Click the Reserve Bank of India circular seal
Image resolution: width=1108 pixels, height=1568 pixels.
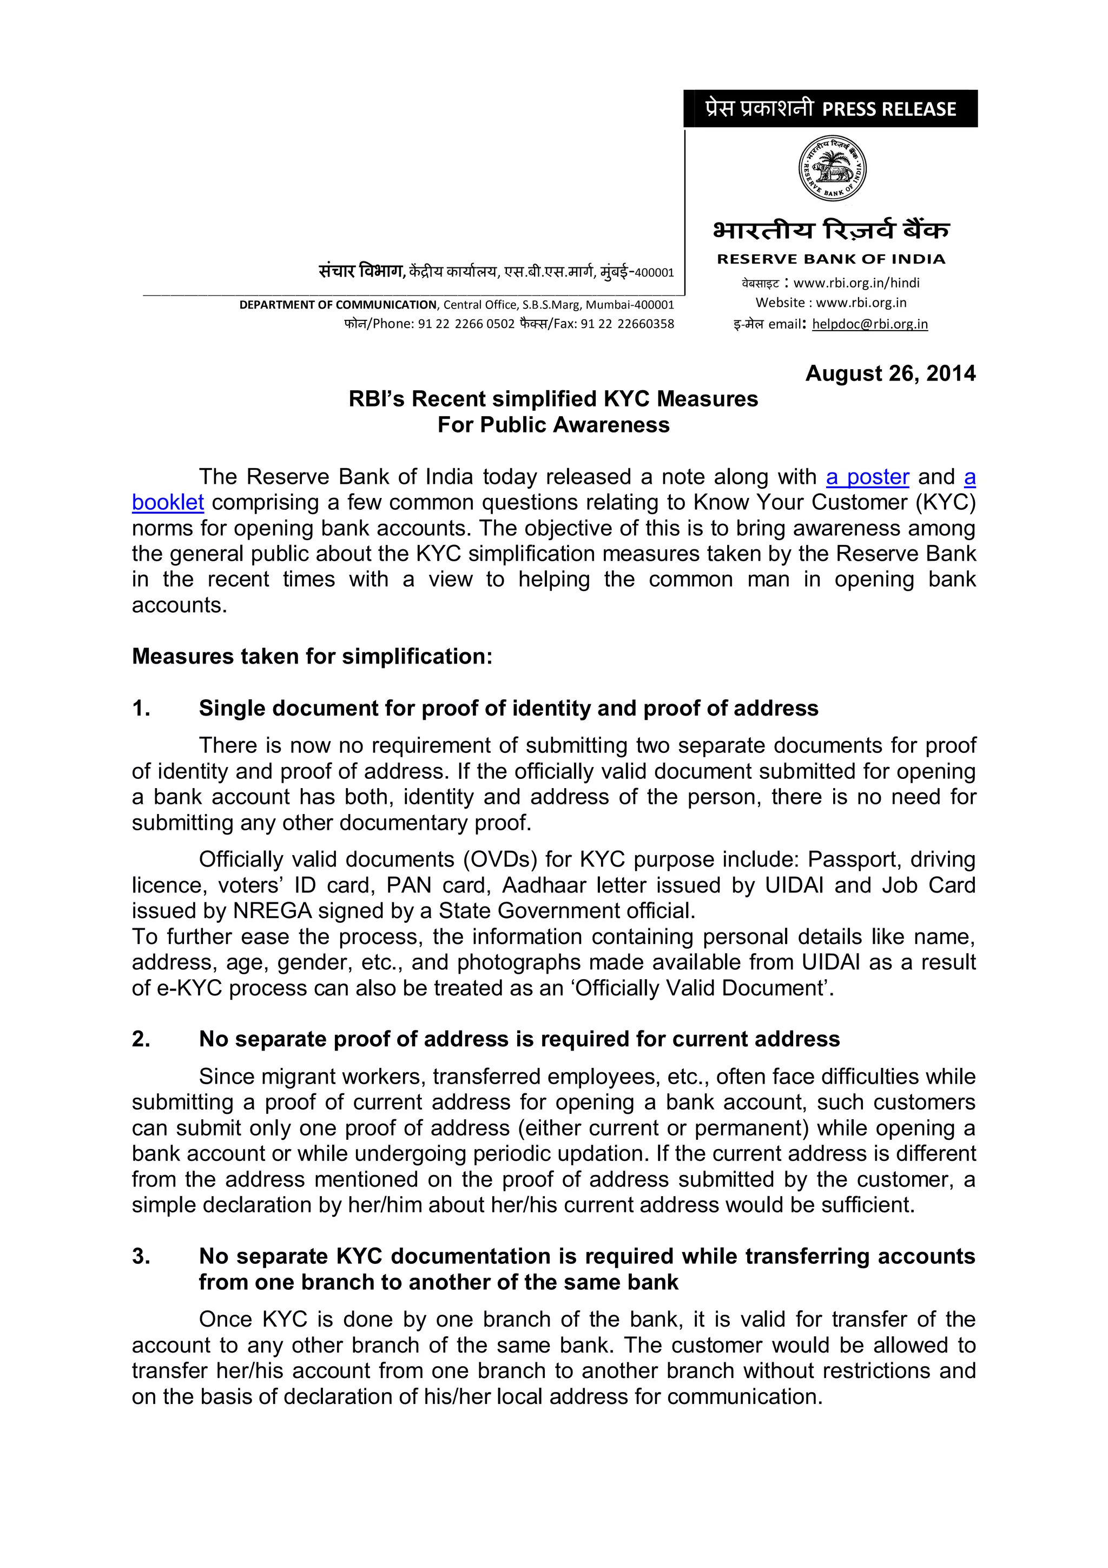[x=832, y=168]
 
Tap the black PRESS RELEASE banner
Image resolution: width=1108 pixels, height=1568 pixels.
[x=830, y=109]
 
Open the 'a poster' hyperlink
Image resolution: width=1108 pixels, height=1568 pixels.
[x=867, y=477]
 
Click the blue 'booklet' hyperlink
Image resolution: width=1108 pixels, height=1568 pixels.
[x=168, y=503]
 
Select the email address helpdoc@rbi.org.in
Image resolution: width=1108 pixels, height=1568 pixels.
[x=870, y=324]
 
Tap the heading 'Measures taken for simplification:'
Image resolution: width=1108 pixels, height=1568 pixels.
[x=312, y=657]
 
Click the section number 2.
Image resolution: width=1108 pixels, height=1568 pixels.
[x=141, y=1039]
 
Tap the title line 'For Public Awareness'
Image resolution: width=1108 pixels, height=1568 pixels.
[x=553, y=425]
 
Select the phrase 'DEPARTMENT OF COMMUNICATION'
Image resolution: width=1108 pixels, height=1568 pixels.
[x=337, y=305]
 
